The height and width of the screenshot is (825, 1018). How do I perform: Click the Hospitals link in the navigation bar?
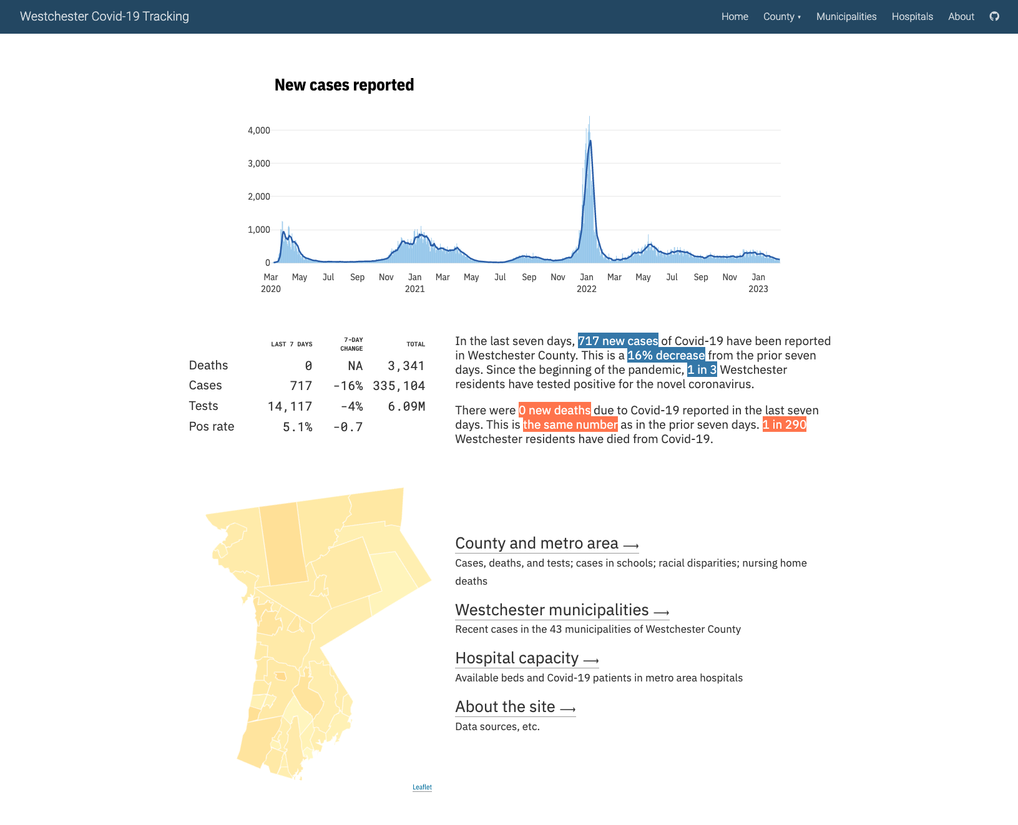click(x=912, y=17)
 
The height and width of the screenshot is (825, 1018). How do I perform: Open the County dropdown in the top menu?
click(x=781, y=17)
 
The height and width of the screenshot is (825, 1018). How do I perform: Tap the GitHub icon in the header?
click(x=994, y=16)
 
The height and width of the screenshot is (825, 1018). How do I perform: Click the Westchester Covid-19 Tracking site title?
click(x=104, y=17)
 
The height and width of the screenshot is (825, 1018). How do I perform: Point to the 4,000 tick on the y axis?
click(x=259, y=130)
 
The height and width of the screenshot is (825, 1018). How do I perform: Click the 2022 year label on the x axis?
click(x=586, y=289)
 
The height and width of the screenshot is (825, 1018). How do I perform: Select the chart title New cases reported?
click(x=344, y=85)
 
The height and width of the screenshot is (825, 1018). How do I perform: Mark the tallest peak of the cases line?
click(x=590, y=142)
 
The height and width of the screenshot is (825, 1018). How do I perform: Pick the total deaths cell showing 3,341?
click(x=406, y=366)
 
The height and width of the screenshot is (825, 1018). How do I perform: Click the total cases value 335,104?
click(x=399, y=386)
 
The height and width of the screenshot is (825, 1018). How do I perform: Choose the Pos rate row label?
click(x=212, y=426)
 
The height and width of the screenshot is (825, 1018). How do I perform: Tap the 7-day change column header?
click(x=352, y=344)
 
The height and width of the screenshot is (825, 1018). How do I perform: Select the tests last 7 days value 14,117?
click(x=290, y=406)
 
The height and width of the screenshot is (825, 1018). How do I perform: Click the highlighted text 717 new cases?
click(x=617, y=341)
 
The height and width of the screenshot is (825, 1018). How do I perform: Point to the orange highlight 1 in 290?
click(x=784, y=424)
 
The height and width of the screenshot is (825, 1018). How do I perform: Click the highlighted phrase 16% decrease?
click(x=666, y=355)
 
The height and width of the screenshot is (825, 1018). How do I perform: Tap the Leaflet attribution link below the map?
click(x=422, y=787)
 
